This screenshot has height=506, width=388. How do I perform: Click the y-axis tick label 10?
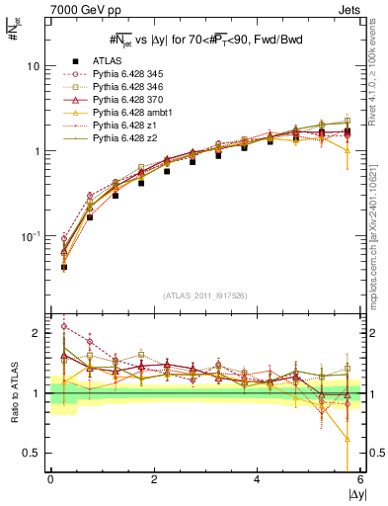point(34,66)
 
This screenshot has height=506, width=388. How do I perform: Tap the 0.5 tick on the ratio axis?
point(33,453)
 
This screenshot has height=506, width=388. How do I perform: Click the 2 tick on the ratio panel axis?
point(38,333)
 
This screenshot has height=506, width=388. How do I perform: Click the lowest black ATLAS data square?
point(64,267)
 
